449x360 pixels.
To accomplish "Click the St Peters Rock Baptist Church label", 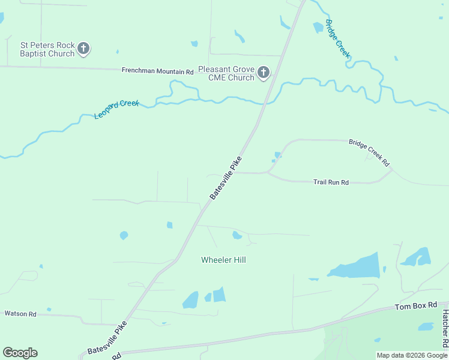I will [x=47, y=49].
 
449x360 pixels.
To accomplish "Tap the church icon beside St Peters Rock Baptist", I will [x=84, y=49].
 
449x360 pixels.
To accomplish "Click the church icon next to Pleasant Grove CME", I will [x=263, y=73].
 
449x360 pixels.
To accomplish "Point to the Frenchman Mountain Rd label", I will [x=157, y=71].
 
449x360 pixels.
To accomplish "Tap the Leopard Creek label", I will [x=117, y=109].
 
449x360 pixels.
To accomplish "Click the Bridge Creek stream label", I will [x=337, y=38].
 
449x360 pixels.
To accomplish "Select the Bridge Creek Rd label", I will [x=369, y=153].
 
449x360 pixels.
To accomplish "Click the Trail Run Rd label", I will [x=331, y=182].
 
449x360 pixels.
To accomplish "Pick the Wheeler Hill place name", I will [x=223, y=260].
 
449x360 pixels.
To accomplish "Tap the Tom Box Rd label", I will [x=415, y=306].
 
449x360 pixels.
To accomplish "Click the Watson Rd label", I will [x=20, y=313].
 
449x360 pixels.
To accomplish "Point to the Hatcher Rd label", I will [x=445, y=329].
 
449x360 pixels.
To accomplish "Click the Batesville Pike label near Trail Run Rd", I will [x=226, y=178].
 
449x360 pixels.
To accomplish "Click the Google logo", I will [x=20, y=353].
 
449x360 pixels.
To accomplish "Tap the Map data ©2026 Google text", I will [x=412, y=355].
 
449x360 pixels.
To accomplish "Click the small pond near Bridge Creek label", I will [x=318, y=27].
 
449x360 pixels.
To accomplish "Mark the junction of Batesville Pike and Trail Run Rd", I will [x=236, y=172].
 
